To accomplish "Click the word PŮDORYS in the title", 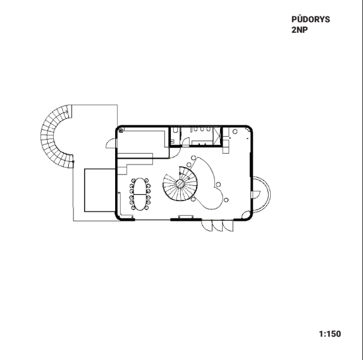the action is (311, 19).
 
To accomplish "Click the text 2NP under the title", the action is (300, 30).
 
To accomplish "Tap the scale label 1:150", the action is (330, 334).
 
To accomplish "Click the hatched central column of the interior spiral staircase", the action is (180, 183).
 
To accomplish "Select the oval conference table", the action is (140, 194).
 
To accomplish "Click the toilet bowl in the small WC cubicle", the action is (176, 130).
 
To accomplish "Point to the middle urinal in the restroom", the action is (202, 129).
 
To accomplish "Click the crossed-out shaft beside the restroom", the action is (217, 136).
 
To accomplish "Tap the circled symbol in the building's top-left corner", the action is (121, 131).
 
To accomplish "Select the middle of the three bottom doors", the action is (218, 226).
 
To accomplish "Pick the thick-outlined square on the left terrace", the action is (100, 190).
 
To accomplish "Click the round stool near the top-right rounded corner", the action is (235, 132).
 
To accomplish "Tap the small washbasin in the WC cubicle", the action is (172, 140).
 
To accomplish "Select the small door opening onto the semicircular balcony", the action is (256, 195).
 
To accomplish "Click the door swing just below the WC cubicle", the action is (175, 153).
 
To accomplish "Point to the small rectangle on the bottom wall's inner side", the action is (186, 217).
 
